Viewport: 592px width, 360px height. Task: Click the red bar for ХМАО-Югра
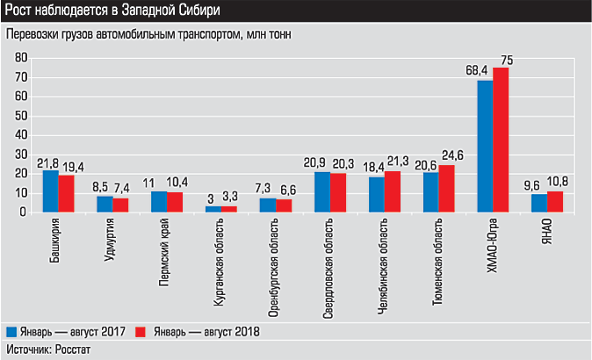coord(501,140)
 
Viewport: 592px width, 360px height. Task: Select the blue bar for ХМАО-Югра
coord(485,146)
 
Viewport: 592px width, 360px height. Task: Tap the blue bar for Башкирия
coord(51,191)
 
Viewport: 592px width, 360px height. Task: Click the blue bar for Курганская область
coord(214,209)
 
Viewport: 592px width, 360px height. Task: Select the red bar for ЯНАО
coord(555,201)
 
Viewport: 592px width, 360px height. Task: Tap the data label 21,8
coord(47,162)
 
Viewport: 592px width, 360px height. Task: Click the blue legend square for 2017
coord(11,332)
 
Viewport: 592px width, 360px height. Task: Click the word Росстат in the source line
coord(71,350)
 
